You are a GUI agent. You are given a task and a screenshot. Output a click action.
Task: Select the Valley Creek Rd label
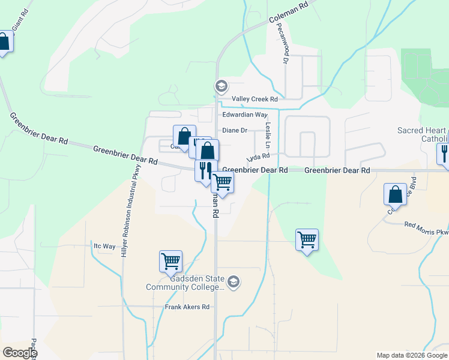pos(255,99)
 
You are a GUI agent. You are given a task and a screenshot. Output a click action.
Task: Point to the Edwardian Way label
pos(244,115)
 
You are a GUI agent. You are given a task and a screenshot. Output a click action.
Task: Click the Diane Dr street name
pos(235,130)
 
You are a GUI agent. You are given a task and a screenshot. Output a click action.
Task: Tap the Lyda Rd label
pos(258,157)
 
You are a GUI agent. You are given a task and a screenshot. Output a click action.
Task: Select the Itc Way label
pos(104,246)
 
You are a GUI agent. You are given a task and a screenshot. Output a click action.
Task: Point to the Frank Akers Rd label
pos(187,307)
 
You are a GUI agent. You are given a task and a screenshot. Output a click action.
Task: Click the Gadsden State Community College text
pos(185,283)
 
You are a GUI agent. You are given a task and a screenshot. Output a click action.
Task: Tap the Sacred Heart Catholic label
pos(423,135)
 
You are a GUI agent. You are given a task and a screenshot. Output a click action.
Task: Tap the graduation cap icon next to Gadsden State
pos(234,282)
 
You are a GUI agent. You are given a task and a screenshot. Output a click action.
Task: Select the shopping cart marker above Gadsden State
pos(171,261)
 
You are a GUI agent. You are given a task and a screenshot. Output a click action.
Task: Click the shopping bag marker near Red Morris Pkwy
pos(395,194)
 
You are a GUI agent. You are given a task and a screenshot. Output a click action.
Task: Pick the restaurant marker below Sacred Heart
pos(444,153)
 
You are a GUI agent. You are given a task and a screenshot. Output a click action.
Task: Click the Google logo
pos(19,353)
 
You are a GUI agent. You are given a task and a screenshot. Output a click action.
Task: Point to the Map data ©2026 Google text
pos(411,355)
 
